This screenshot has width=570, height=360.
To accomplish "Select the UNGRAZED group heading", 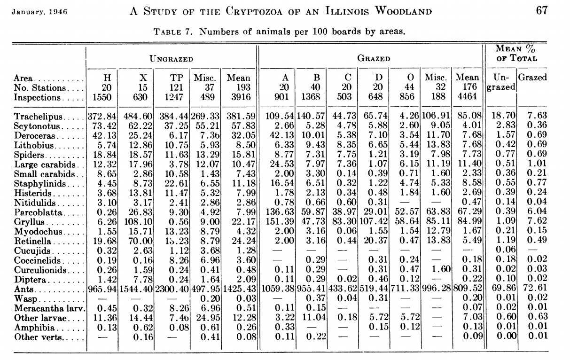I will coord(171,59).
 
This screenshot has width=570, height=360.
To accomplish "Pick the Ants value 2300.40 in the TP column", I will coord(172,288).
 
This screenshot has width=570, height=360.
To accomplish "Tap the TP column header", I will coord(176,78).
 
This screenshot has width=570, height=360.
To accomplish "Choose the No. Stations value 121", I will coord(177,87).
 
